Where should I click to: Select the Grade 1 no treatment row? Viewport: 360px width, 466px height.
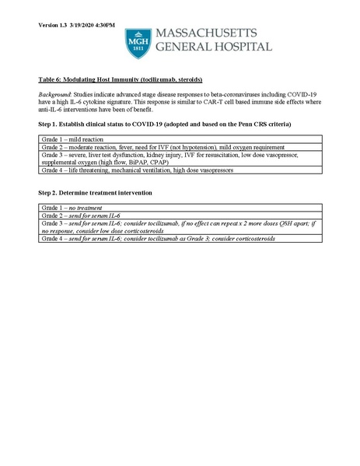(75, 208)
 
